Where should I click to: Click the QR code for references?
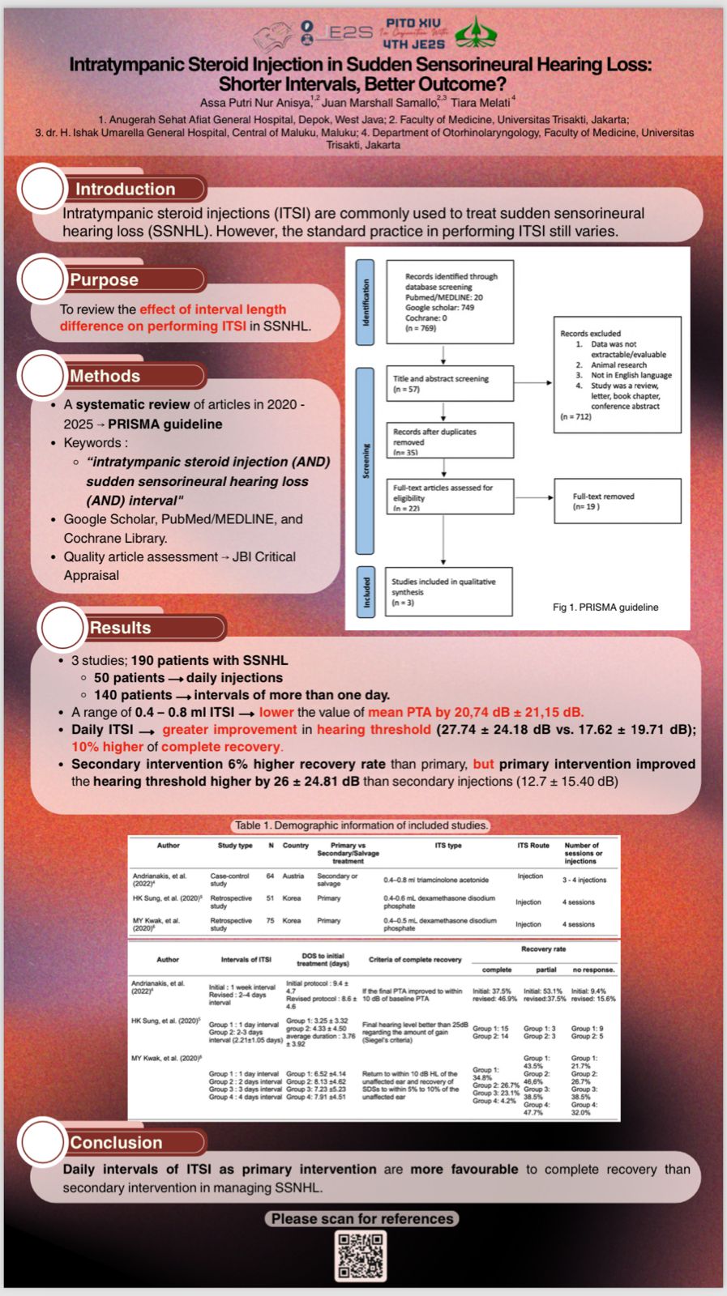click(361, 1255)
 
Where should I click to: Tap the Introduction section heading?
click(126, 190)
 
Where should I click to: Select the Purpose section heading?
click(104, 280)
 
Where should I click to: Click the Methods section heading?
click(105, 376)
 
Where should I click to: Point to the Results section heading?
click(121, 628)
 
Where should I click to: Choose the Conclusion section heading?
click(116, 1143)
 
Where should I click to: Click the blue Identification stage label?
click(366, 302)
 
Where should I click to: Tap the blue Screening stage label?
click(366, 460)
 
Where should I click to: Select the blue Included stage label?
click(366, 592)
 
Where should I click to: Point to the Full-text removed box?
click(617, 501)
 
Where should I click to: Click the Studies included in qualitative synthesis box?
click(448, 592)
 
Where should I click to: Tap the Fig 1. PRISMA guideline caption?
click(605, 607)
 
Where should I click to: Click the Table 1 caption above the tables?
click(361, 825)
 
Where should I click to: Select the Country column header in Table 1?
click(295, 846)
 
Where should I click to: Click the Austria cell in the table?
click(292, 876)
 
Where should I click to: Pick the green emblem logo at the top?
click(476, 33)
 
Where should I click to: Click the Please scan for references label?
click(362, 1219)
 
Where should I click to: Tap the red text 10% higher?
click(107, 747)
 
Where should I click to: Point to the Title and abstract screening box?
click(449, 384)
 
